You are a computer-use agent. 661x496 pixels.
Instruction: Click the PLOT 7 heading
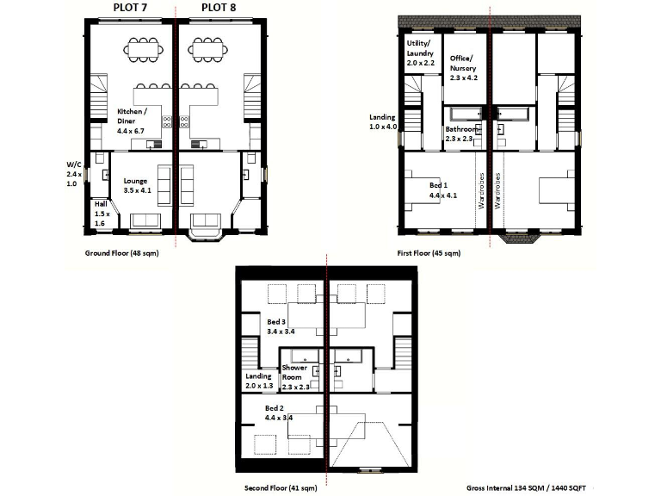[131, 8]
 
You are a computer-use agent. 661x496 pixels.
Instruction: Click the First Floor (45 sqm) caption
[429, 253]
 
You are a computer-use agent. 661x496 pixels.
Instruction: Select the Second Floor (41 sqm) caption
[281, 487]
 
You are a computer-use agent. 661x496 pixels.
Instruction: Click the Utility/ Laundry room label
[422, 53]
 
